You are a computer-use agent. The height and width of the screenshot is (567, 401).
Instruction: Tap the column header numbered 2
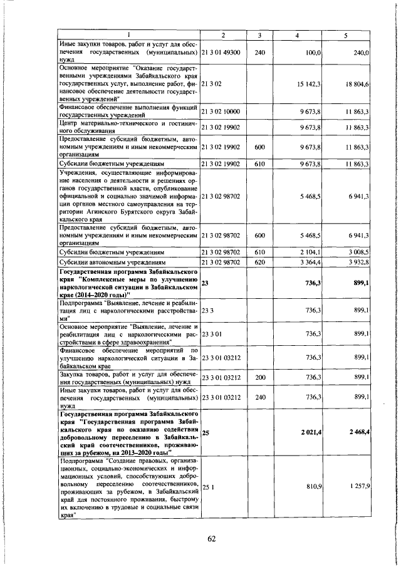(x=222, y=35)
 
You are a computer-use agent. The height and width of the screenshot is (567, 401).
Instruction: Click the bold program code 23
(x=206, y=283)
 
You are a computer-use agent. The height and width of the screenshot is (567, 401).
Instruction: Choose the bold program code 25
(x=206, y=432)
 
